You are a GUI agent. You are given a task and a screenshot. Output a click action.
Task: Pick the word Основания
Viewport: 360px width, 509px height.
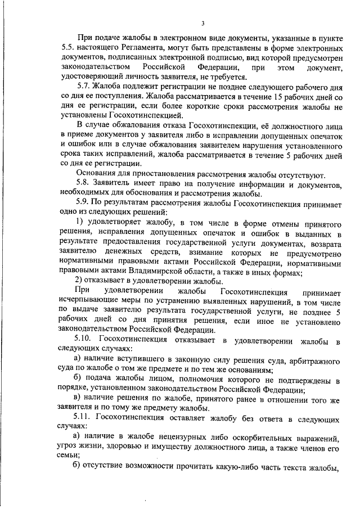[96, 174]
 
